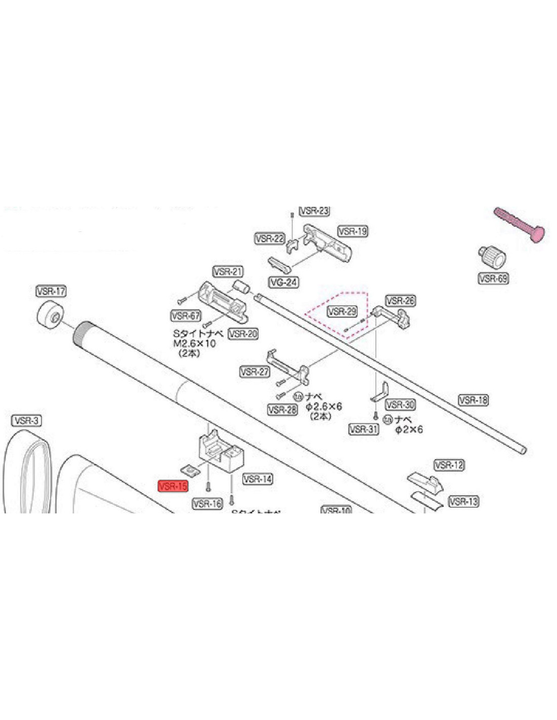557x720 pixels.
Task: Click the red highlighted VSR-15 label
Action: coord(173,486)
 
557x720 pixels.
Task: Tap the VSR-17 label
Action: coord(51,291)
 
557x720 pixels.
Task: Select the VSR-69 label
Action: coord(493,278)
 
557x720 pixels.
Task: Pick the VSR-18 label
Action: coord(473,400)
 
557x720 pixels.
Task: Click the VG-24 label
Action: coord(284,282)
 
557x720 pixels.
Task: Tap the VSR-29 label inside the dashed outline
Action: coord(342,311)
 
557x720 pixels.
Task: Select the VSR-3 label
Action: coord(26,420)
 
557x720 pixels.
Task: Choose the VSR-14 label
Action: coord(258,478)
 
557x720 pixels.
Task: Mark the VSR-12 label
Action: coord(449,465)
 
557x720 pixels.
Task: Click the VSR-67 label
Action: coord(186,315)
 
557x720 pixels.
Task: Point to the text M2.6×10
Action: coord(195,344)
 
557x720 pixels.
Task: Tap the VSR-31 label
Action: coord(364,429)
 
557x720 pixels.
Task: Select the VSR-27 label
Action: coord(255,372)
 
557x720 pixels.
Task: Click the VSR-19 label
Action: coord(353,231)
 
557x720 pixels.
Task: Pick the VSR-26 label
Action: coord(401,301)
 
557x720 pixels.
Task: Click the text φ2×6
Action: coord(409,430)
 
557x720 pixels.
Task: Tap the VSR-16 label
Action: coord(208,503)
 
